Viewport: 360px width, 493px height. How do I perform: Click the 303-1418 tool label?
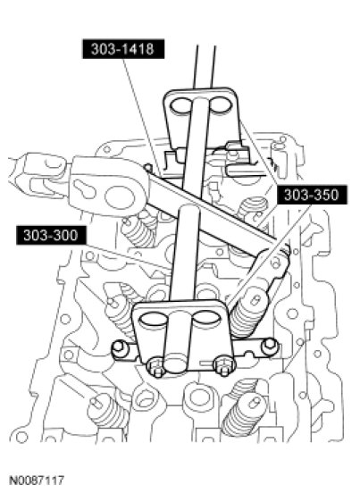tap(123, 49)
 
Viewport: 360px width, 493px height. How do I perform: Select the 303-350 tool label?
tap(312, 195)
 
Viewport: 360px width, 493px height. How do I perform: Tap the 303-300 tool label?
tap(51, 235)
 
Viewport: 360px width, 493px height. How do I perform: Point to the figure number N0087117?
tap(37, 480)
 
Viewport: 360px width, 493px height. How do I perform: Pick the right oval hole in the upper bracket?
tap(220, 104)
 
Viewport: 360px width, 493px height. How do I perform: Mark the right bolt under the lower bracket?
tap(224, 365)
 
